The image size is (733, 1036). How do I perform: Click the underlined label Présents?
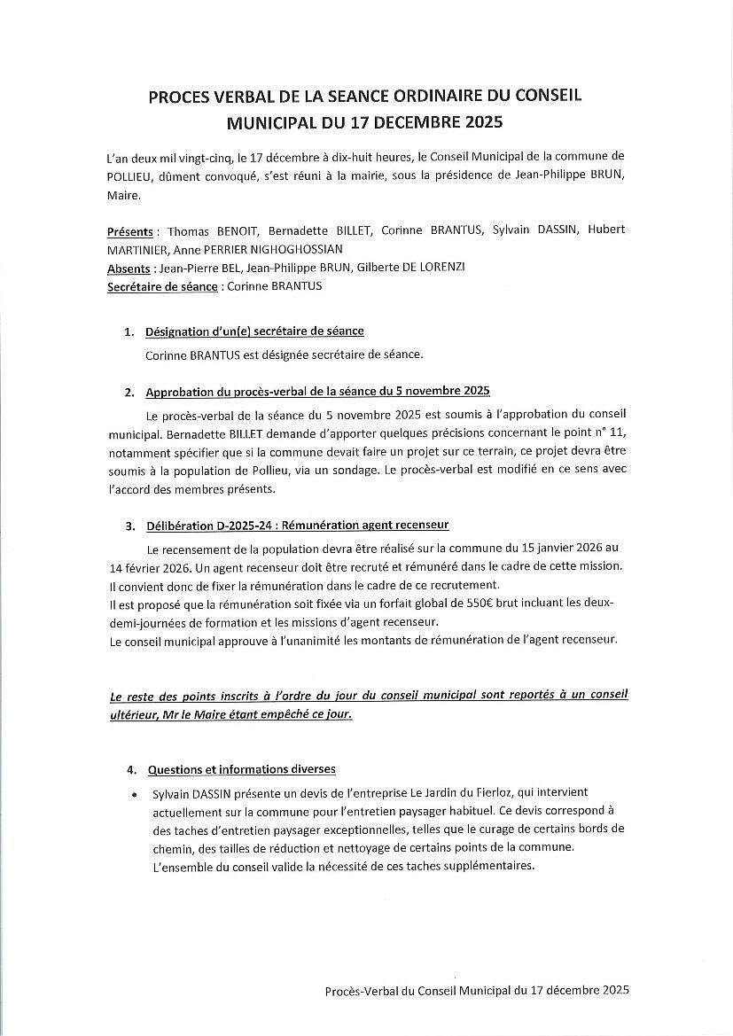pos(129,230)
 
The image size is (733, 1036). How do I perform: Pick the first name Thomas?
pos(188,230)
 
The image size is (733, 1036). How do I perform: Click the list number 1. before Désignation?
pos(129,332)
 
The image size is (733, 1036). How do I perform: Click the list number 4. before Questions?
pos(129,770)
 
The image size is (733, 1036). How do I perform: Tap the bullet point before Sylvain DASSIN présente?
pos(133,792)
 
